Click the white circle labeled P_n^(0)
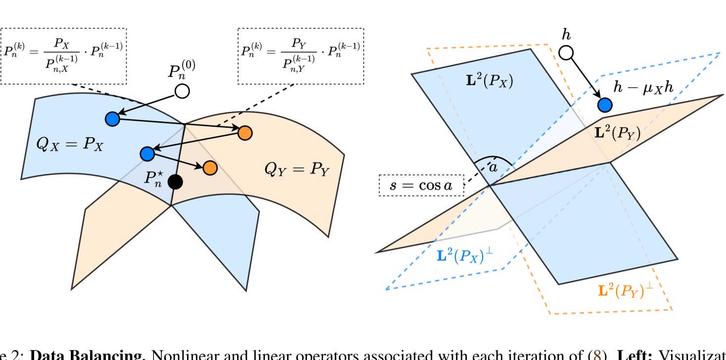click(x=183, y=91)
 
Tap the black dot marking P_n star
click(x=175, y=182)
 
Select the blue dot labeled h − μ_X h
click(x=604, y=104)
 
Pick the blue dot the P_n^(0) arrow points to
click(x=112, y=119)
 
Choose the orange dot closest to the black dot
click(x=209, y=167)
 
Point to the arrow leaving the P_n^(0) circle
click(x=148, y=104)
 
